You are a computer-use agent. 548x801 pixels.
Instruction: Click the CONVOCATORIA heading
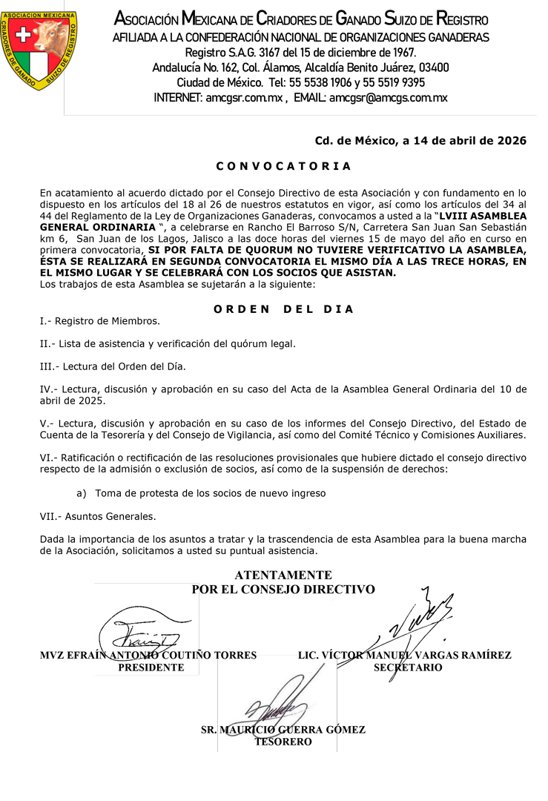click(x=283, y=166)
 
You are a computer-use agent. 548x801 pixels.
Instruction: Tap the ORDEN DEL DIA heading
click(x=283, y=309)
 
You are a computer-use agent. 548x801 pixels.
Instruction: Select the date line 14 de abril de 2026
click(x=420, y=141)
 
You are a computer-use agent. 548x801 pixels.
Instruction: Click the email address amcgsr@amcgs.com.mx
click(x=389, y=97)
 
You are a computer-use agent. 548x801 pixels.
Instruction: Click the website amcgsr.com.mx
click(x=244, y=97)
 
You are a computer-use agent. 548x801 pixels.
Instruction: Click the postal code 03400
click(x=434, y=67)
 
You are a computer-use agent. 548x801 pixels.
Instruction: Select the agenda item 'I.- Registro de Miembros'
click(x=100, y=321)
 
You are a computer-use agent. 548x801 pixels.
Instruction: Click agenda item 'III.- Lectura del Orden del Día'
click(x=113, y=366)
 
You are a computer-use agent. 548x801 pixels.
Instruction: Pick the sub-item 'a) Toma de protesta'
click(x=201, y=493)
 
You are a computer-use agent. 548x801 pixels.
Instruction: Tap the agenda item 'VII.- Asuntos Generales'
click(x=98, y=516)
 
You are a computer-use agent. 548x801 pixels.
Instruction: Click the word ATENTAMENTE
click(x=283, y=576)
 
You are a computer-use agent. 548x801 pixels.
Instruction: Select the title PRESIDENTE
click(x=151, y=667)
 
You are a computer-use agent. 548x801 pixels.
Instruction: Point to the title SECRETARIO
click(x=408, y=667)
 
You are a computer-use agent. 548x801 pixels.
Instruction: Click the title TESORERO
click(x=283, y=742)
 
